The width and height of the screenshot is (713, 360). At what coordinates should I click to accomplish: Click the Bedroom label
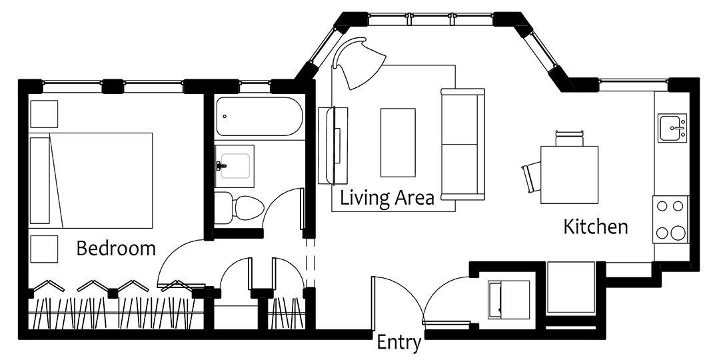tap(116, 249)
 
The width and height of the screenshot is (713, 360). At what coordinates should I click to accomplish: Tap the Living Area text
tap(387, 199)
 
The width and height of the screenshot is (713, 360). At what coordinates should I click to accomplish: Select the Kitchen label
tap(596, 227)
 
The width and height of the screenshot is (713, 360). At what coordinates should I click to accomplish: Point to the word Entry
tap(398, 343)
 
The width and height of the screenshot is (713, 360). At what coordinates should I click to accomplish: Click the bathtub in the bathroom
tap(259, 116)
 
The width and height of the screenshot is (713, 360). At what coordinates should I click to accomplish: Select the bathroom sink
tap(234, 166)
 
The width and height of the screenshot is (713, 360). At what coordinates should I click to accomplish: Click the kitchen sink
tap(672, 129)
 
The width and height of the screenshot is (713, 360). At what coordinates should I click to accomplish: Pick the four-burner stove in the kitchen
tap(670, 219)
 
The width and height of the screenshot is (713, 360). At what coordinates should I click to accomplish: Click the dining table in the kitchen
tap(569, 175)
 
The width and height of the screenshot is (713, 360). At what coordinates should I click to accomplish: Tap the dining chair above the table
tap(569, 139)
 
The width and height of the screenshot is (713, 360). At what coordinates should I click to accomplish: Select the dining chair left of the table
tap(531, 177)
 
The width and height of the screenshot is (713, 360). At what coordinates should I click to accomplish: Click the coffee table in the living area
tap(398, 143)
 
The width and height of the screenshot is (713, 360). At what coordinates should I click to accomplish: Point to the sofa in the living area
tap(463, 144)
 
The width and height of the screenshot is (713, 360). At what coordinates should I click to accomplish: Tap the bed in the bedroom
tap(91, 181)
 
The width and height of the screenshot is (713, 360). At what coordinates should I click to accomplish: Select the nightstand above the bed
tap(44, 114)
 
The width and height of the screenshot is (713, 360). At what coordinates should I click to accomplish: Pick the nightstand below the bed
tap(44, 249)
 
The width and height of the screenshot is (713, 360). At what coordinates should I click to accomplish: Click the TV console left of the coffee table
tap(333, 145)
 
